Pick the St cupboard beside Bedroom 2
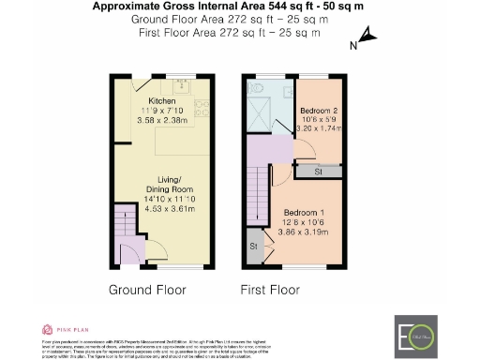(x=318, y=171)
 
